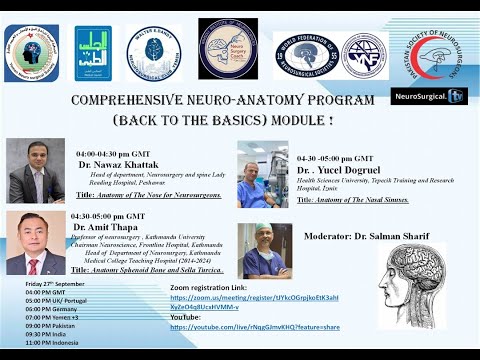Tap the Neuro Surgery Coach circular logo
(227, 48)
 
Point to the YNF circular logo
(363, 54)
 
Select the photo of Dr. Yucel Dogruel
(262, 173)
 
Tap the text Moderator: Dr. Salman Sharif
(364, 236)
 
